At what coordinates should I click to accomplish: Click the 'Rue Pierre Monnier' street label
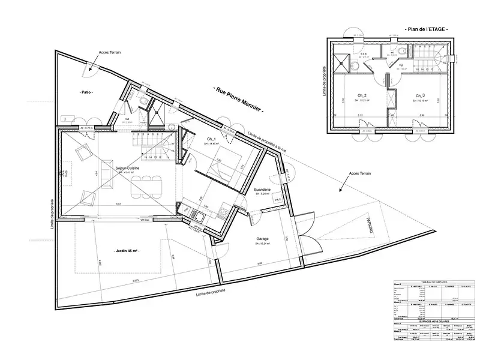pyautogui.click(x=239, y=98)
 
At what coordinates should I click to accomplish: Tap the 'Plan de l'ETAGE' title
pyautogui.click(x=427, y=29)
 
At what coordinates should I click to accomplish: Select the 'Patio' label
pyautogui.click(x=89, y=92)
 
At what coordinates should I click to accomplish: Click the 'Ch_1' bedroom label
pyautogui.click(x=211, y=139)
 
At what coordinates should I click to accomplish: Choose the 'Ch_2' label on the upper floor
pyautogui.click(x=362, y=95)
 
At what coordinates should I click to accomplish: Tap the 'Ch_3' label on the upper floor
pyautogui.click(x=419, y=95)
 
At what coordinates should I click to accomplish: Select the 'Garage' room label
pyautogui.click(x=262, y=239)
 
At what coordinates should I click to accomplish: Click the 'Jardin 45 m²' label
pyautogui.click(x=127, y=251)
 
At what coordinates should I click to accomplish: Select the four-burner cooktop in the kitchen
pyautogui.click(x=224, y=212)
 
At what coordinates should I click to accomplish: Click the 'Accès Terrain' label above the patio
pyautogui.click(x=109, y=53)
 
